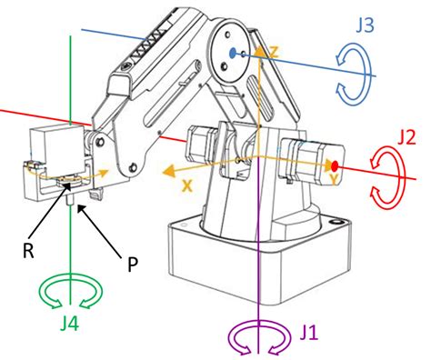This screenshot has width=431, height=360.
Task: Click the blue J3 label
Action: click(x=365, y=25)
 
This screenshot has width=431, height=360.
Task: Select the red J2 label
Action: click(x=406, y=138)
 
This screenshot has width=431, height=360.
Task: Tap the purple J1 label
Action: click(x=309, y=333)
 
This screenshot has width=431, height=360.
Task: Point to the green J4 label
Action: click(x=69, y=324)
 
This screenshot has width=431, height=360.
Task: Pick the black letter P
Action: click(x=133, y=265)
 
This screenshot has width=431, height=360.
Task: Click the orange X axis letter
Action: click(x=187, y=185)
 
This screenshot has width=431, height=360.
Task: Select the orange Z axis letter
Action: click(x=273, y=52)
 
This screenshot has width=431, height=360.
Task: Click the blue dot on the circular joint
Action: click(x=233, y=54)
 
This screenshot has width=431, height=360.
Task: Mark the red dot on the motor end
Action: click(x=335, y=165)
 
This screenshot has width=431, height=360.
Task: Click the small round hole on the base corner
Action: click(x=336, y=222)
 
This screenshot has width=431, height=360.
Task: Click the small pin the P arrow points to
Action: click(x=69, y=200)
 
